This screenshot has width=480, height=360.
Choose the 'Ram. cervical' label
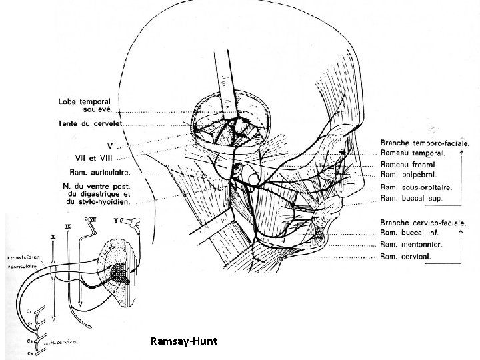[405, 255]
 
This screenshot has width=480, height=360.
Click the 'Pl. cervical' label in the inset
[63, 341]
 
